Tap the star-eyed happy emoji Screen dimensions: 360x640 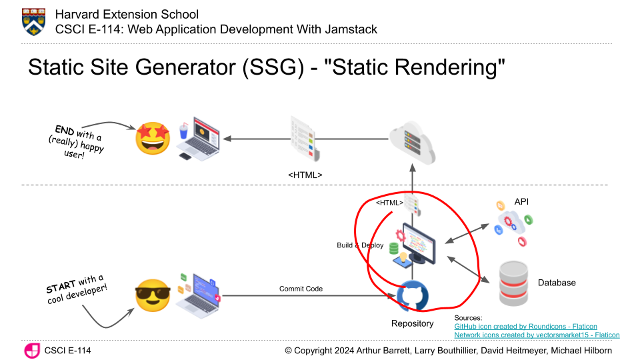pos(153,139)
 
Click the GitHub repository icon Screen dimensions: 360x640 pos(413,295)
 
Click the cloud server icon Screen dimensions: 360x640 pos(412,141)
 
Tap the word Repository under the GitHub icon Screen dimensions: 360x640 pos(412,324)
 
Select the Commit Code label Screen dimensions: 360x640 pos(301,289)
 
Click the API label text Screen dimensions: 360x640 pos(521,201)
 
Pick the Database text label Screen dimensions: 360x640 pos(556,283)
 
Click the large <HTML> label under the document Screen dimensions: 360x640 pos(305,175)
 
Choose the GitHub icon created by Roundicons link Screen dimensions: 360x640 pos(525,327)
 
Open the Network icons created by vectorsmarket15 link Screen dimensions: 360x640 pos(537,335)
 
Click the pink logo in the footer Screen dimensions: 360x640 pos(31,351)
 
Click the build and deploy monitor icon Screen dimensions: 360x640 pos(417,243)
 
